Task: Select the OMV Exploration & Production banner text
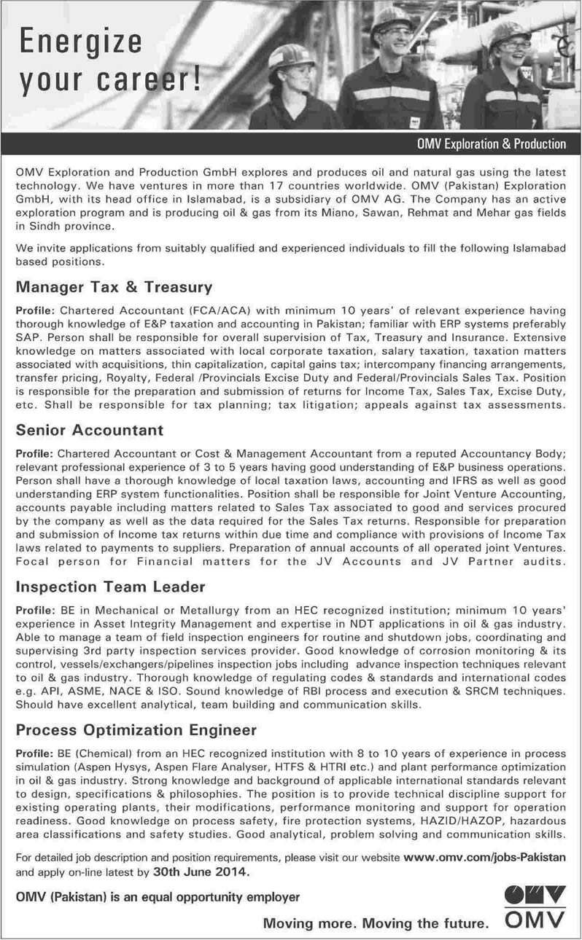point(486,144)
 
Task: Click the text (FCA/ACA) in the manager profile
point(183,310)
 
